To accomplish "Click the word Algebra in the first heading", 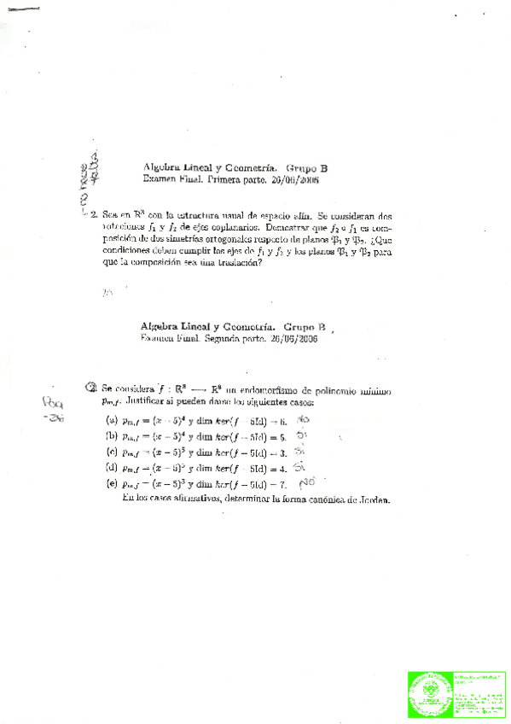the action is (160, 169).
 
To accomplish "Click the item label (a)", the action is (112, 420).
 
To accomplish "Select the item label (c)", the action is (112, 452).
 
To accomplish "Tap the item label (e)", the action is (112, 483).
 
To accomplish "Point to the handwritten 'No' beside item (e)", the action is (307, 482).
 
